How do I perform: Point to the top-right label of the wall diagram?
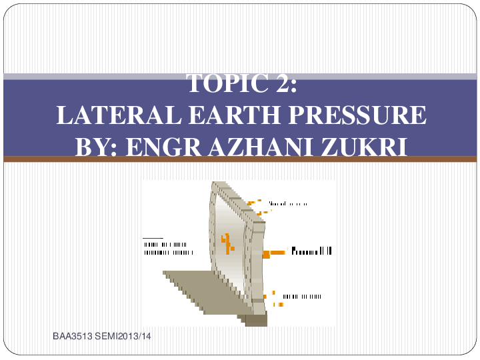click(288, 203)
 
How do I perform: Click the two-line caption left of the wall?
click(169, 249)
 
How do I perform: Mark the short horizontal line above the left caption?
click(153, 238)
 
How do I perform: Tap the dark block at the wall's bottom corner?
click(256, 321)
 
